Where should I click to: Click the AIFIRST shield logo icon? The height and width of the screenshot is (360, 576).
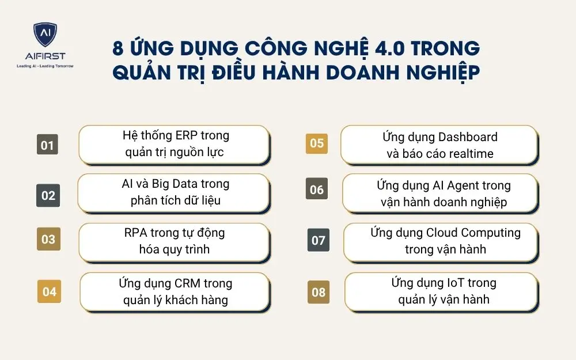[45, 35]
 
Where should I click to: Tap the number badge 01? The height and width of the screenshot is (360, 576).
[47, 145]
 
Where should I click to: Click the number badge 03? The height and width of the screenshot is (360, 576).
[48, 240]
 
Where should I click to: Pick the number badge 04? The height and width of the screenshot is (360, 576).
[50, 291]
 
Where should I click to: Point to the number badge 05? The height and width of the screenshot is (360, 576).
[317, 143]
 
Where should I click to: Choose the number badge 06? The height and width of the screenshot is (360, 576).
[317, 190]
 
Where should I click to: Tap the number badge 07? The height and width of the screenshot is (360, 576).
[319, 240]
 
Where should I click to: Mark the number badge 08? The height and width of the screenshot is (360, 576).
[319, 292]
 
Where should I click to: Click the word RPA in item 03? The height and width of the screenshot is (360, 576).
[137, 233]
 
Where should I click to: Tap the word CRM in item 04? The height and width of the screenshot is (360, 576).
[189, 283]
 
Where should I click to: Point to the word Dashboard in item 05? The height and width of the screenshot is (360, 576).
[468, 137]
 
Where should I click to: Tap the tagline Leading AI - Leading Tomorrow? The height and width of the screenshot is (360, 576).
[45, 66]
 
